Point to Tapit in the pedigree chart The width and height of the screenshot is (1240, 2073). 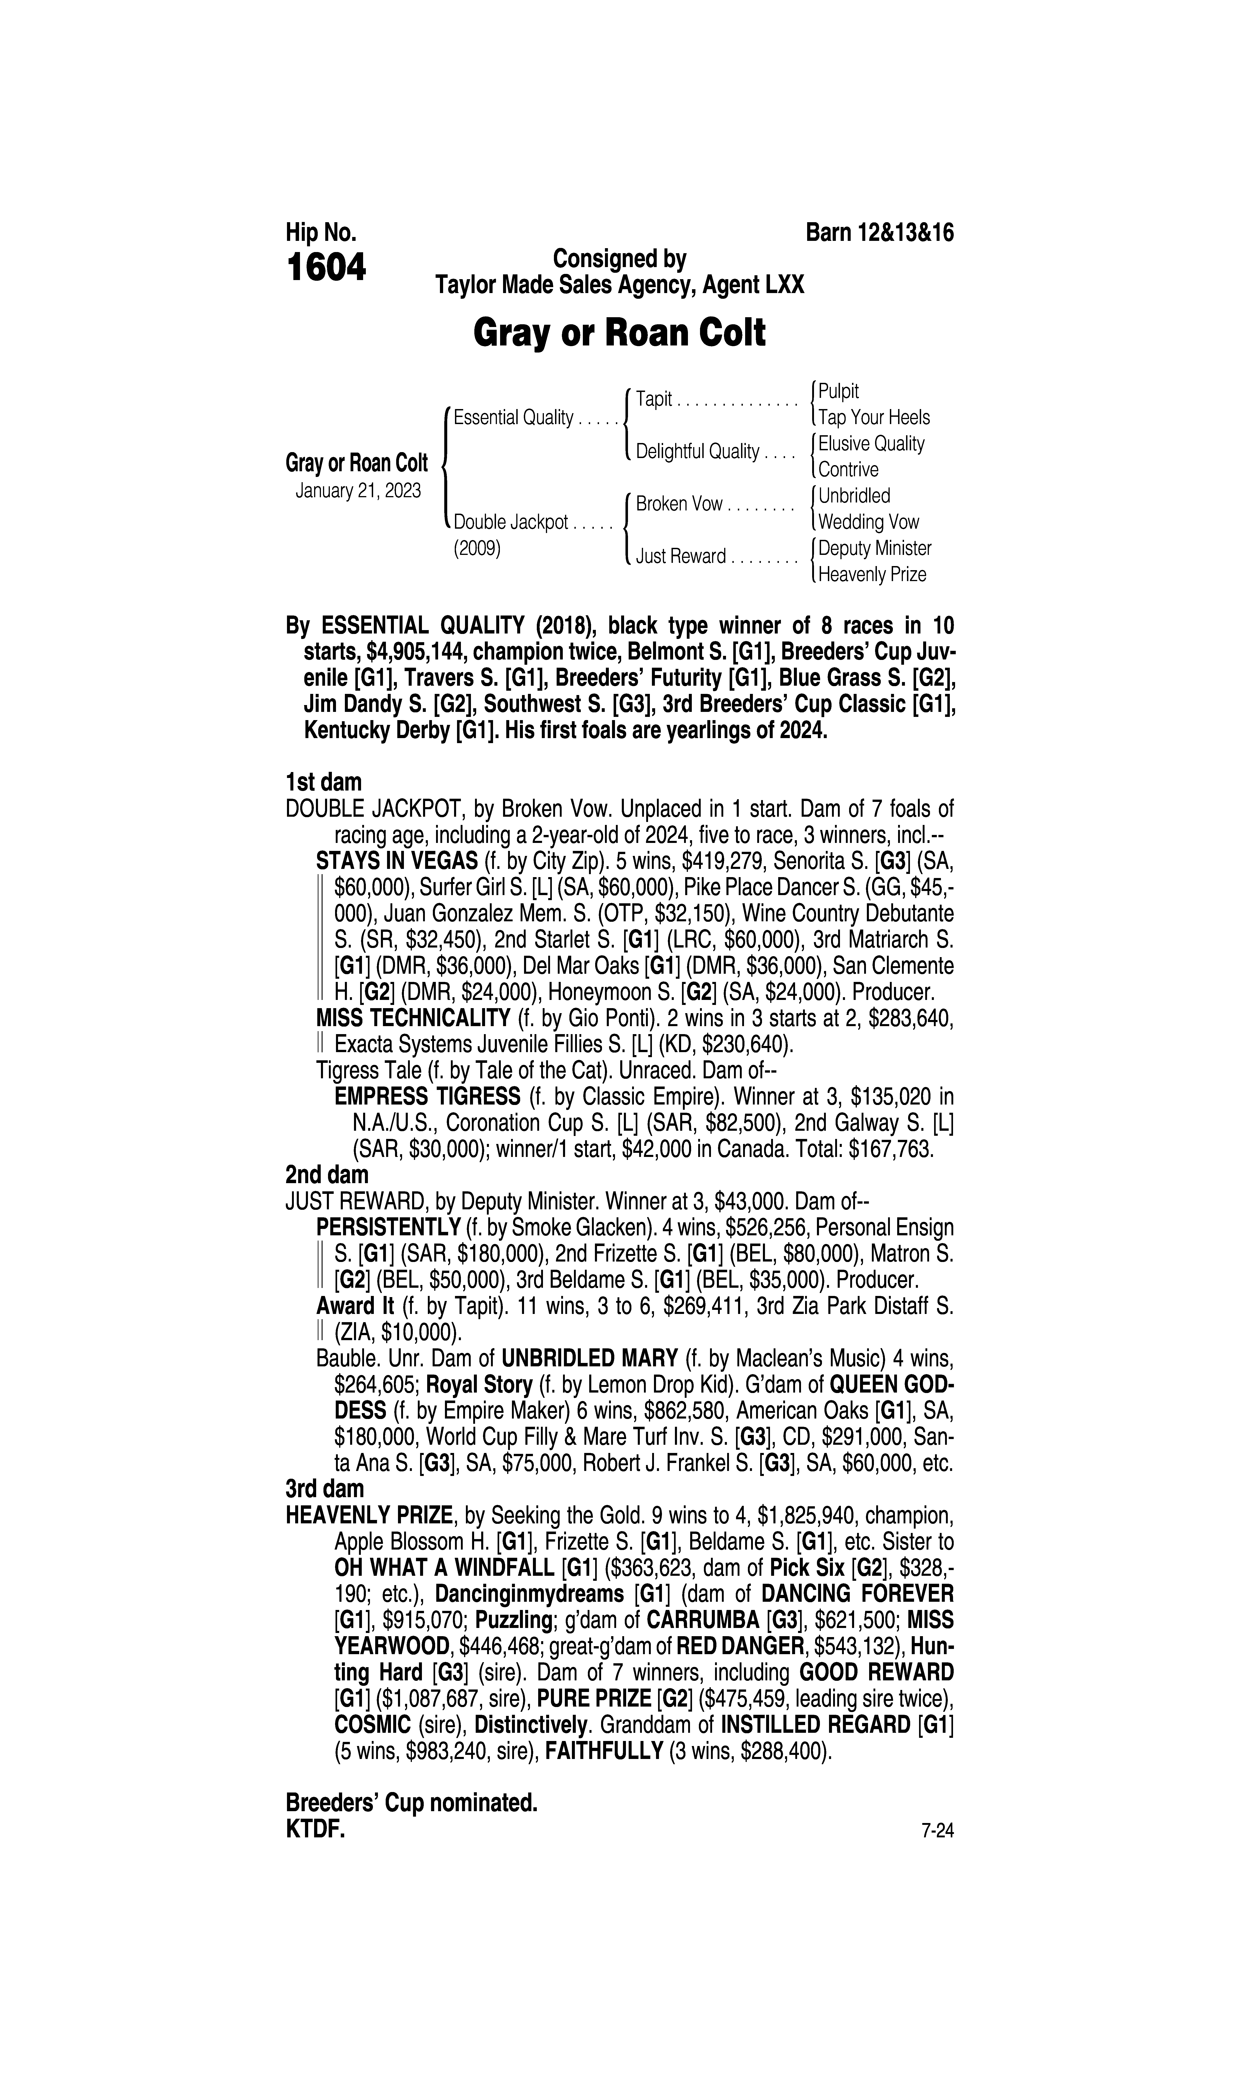654,399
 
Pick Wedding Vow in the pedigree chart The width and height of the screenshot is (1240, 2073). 868,522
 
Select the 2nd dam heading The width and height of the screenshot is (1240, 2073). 327,1175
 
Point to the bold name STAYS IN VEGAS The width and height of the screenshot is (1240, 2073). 396,861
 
